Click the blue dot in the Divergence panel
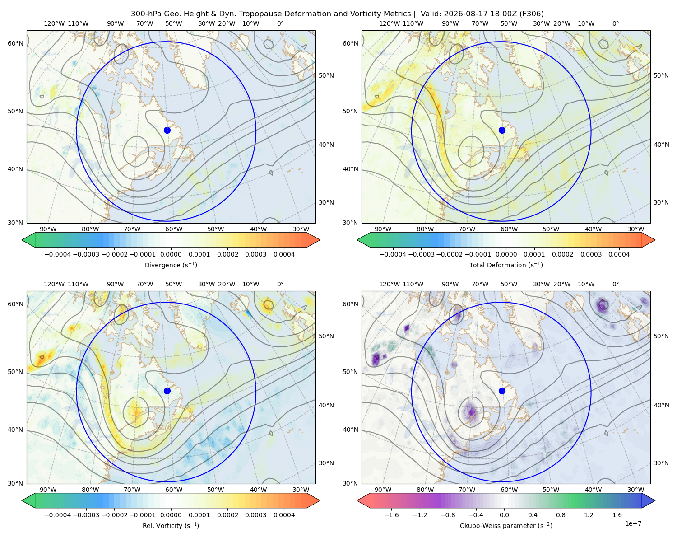click(x=167, y=130)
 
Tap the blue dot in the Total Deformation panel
click(x=502, y=130)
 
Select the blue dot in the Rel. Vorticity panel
click(x=167, y=391)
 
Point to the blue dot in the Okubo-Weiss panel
click(x=502, y=391)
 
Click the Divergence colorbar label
click(x=171, y=265)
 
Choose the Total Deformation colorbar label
click(x=506, y=265)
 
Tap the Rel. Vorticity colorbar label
click(x=171, y=526)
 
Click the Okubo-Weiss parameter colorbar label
click(x=506, y=526)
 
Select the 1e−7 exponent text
click(x=633, y=524)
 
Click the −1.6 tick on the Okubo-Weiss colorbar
click(x=391, y=515)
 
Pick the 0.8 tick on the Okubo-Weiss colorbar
click(x=561, y=515)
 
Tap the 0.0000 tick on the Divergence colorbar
click(x=171, y=254)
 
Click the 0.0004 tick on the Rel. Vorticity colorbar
click(x=284, y=515)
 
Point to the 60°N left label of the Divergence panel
click(x=15, y=43)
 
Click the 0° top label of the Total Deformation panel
click(x=615, y=23)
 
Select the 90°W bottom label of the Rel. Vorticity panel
click(x=48, y=490)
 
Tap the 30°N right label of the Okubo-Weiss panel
click(x=661, y=463)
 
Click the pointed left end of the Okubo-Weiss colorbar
click(x=357, y=501)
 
